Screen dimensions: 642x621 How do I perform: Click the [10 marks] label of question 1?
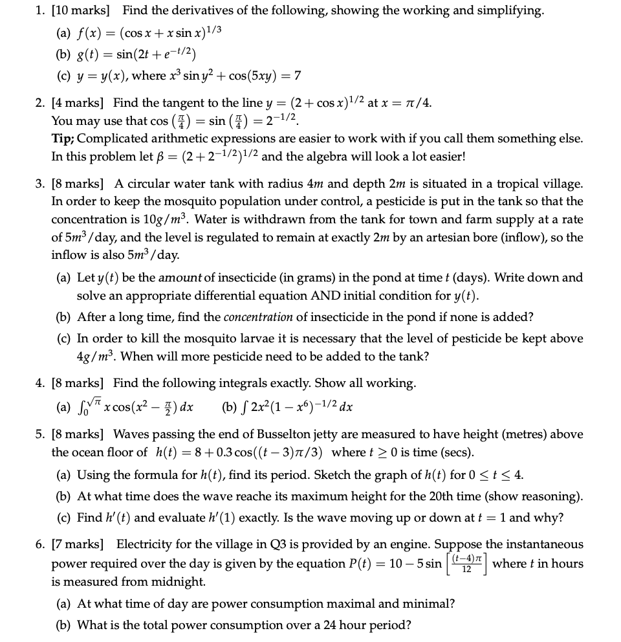83,10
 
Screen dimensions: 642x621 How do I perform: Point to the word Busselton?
325,434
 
